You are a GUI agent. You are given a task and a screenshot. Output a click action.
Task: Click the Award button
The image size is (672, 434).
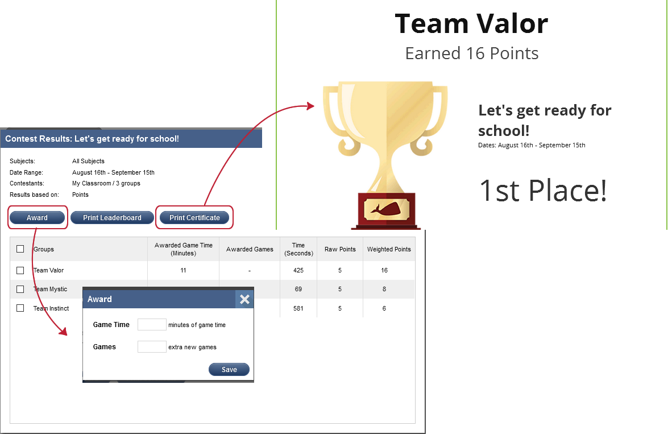point(38,218)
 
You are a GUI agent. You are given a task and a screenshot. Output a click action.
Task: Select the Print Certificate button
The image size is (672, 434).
point(194,218)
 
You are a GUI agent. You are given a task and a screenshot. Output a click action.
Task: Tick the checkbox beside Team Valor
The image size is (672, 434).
point(20,270)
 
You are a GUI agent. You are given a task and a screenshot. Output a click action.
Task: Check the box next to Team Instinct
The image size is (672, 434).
point(20,308)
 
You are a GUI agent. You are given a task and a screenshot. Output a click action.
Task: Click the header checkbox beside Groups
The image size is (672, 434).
point(20,249)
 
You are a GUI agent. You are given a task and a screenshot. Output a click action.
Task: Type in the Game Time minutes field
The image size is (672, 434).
point(152,325)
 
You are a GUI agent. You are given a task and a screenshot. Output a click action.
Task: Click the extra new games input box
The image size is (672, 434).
point(152,346)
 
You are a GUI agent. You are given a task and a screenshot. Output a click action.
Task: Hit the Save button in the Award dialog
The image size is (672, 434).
point(229,370)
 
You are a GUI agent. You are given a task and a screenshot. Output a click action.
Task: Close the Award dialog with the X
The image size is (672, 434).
point(244,299)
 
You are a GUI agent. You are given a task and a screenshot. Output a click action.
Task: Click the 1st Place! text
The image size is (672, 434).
point(543,191)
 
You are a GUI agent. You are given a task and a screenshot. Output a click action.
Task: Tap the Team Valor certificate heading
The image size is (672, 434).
point(471,24)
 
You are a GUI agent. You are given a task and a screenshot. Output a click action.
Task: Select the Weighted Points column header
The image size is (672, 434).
point(389,249)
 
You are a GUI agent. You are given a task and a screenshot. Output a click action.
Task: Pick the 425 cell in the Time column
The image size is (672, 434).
point(298,270)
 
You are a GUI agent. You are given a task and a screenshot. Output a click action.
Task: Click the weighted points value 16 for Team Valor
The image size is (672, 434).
point(385,270)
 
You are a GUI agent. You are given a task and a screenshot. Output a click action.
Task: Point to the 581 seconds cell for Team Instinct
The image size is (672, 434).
point(298,308)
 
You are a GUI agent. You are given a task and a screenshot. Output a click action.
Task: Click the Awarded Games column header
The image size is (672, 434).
point(250,249)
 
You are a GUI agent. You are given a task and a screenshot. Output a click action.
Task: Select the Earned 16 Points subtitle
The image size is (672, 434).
point(471,53)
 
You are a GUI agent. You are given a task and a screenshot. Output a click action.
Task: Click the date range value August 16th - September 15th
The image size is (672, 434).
point(113,172)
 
